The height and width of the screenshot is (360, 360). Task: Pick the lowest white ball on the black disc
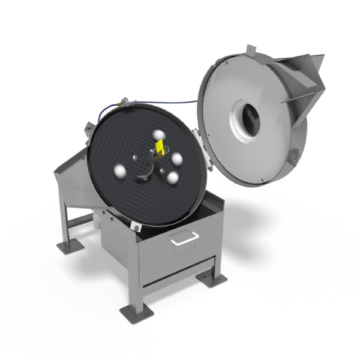(x=173, y=178)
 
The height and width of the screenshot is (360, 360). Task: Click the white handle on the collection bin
(x=184, y=238)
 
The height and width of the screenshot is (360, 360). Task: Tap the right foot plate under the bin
(x=212, y=278)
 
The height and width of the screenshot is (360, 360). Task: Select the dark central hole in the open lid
(x=246, y=116)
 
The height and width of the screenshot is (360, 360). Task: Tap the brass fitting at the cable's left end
(x=121, y=103)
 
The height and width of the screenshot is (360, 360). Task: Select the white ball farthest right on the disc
(x=177, y=160)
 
